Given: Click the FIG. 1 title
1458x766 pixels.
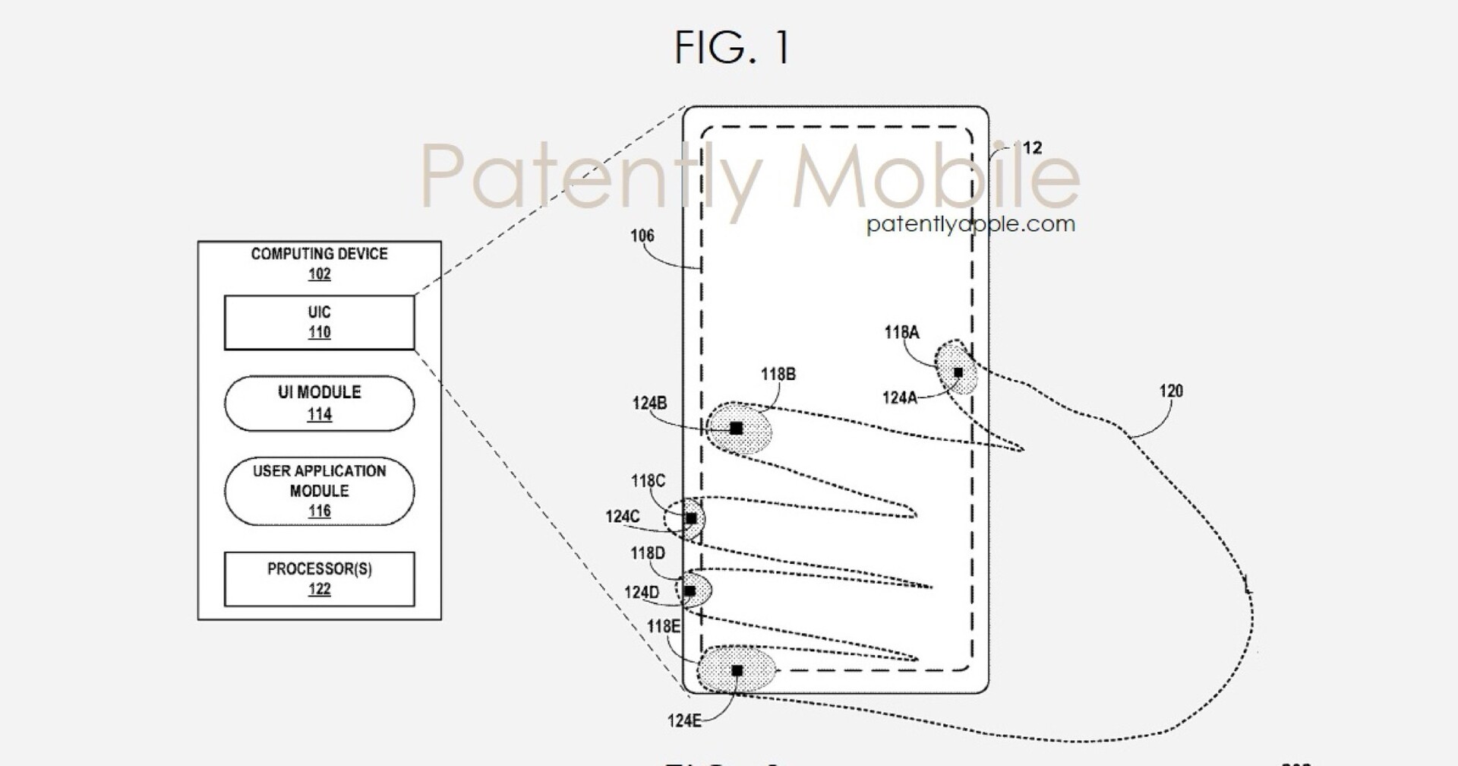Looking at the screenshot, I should tap(732, 47).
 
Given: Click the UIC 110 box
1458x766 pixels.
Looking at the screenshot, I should tap(319, 322).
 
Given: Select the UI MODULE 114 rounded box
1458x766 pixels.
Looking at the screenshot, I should tap(319, 403).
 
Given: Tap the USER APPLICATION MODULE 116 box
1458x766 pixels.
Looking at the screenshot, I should tap(319, 491).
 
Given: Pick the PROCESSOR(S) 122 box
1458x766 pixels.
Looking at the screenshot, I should tap(319, 578).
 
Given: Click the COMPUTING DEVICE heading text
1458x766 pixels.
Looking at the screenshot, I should tap(319, 254).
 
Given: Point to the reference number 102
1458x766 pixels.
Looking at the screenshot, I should tap(319, 274).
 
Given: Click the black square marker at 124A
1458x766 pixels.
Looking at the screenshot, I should tap(958, 372).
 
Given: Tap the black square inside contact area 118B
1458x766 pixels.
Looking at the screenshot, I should tap(736, 429).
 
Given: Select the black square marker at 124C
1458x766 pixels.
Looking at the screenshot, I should tap(691, 518).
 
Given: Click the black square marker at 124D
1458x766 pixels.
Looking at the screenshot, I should tap(690, 590).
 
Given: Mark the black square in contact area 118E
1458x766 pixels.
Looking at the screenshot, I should tap(737, 670).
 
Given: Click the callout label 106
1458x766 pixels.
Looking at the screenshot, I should tap(642, 236).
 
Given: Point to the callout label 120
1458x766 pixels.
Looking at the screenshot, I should tap(1171, 391).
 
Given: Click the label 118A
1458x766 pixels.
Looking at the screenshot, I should tap(901, 332).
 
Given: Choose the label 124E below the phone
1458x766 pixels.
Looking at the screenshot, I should tap(684, 720).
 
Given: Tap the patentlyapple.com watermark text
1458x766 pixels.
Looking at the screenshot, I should tap(970, 224).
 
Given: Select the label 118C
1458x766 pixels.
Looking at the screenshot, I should tap(648, 481).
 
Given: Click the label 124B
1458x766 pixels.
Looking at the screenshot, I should tap(649, 403).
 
